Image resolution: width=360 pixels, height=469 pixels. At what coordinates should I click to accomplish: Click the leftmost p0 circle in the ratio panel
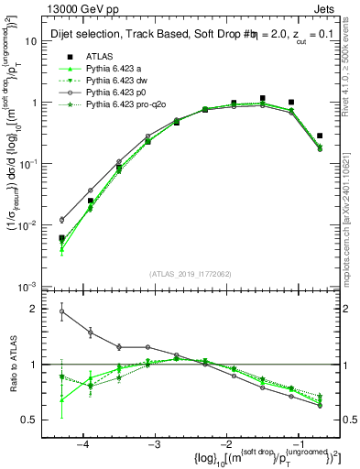coord(61,311)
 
